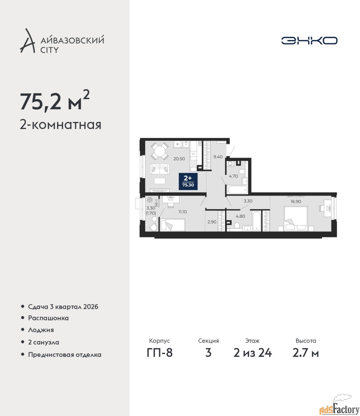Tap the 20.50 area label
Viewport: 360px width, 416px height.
(x=179, y=159)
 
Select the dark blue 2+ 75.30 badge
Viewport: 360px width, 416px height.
(x=188, y=181)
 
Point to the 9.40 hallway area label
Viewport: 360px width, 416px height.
(x=218, y=157)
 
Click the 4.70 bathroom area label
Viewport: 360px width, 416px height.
(x=233, y=176)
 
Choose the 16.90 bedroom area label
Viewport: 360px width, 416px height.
(x=296, y=201)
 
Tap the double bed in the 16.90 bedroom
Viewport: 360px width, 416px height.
(x=296, y=218)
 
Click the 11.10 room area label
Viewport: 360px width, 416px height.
(x=182, y=212)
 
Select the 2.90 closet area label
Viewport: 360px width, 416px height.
(x=212, y=222)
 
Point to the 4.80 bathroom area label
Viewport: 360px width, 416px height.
(x=241, y=216)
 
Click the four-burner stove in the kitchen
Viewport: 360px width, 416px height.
(x=193, y=164)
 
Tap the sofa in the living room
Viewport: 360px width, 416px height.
(x=160, y=169)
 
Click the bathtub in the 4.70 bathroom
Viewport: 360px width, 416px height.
(x=237, y=189)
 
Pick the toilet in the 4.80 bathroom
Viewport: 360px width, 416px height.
(x=237, y=226)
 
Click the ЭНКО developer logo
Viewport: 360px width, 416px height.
(x=309, y=40)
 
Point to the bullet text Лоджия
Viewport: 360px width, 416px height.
(x=41, y=330)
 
